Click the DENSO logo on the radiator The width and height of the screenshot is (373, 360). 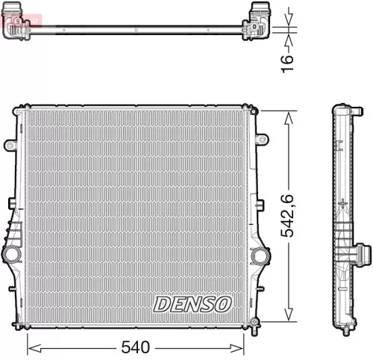pos(193,304)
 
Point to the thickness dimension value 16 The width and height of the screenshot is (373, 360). pos(289,58)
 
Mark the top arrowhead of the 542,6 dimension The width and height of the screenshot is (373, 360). pos(285,114)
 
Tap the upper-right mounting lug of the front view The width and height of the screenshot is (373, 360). pos(262,139)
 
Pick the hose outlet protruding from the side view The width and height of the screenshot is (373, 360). pos(363,256)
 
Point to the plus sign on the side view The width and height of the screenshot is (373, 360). pos(342,203)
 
